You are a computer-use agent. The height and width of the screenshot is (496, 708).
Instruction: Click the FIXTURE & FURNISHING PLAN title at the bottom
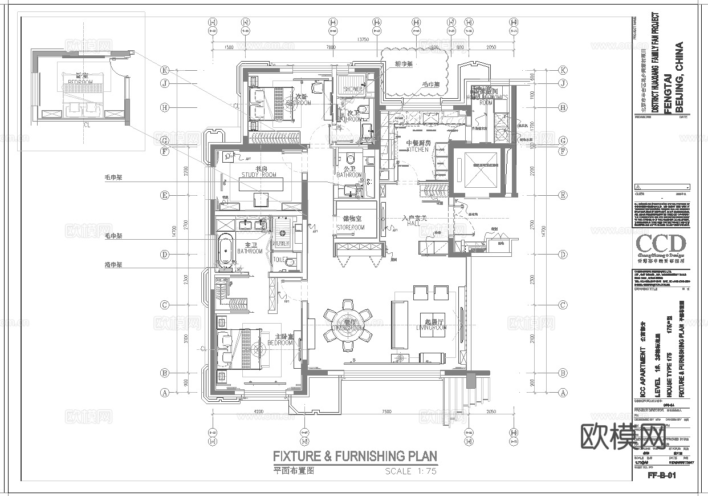[x=355, y=456]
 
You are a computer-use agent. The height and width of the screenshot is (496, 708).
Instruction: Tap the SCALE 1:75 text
[x=410, y=471]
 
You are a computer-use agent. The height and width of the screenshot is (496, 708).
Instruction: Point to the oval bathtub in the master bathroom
[x=225, y=251]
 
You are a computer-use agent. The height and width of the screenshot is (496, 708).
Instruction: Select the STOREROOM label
[x=350, y=227]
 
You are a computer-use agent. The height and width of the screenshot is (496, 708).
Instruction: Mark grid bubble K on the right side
[x=563, y=70]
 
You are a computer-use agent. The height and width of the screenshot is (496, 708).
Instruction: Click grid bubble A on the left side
[x=165, y=392]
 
